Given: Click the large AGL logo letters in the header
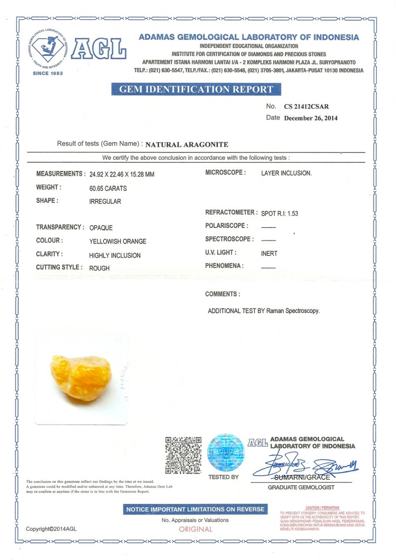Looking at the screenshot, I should (x=98, y=49).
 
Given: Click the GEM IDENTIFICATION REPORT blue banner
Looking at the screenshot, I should (x=196, y=89).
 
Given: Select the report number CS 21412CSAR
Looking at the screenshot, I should (x=306, y=106).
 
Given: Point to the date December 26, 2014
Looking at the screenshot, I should (x=311, y=118).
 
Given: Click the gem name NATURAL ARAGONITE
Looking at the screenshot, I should (x=187, y=145).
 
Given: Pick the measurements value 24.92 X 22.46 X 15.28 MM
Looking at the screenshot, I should (x=122, y=174).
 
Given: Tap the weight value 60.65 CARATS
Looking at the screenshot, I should (x=108, y=188).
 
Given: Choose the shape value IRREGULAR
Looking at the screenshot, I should (x=105, y=201).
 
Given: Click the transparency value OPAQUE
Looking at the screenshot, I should (x=101, y=228).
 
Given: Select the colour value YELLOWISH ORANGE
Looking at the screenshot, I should (x=118, y=241).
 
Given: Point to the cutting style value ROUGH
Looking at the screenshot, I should (x=99, y=268).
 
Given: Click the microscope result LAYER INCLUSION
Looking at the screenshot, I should (x=286, y=173).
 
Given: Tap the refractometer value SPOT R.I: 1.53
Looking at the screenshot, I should (x=280, y=213).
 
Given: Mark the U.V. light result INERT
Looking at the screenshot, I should (x=269, y=253).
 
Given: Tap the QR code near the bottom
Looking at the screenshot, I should (x=183, y=455).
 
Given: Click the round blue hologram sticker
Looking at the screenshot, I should (x=226, y=453).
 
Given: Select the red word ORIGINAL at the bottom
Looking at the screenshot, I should (x=195, y=529).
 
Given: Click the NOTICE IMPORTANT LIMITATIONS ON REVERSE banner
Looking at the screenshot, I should (x=195, y=509).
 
